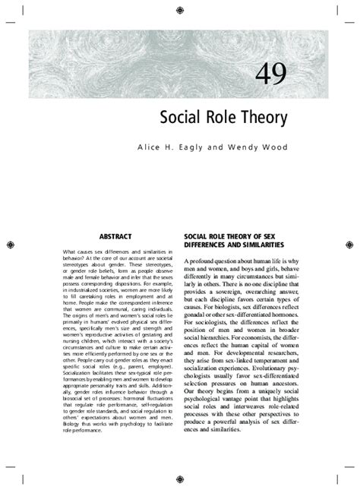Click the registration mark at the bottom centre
point(179,480)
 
